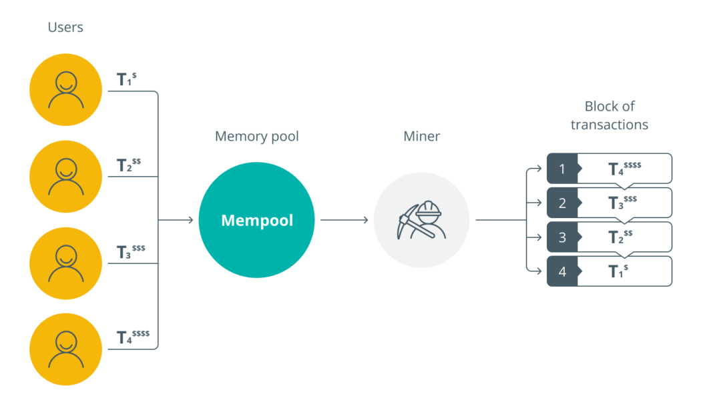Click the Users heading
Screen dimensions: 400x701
(x=65, y=27)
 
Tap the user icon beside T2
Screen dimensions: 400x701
(x=65, y=176)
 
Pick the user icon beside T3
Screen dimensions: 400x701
(x=65, y=263)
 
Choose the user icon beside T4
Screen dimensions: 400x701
(x=65, y=349)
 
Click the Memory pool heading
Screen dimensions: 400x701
(x=256, y=137)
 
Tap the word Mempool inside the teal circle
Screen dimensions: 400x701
(x=257, y=221)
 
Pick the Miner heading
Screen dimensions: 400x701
(x=421, y=137)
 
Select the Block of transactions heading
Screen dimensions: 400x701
(x=609, y=115)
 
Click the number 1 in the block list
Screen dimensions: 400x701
(x=562, y=169)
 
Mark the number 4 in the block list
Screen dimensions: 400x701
(x=562, y=272)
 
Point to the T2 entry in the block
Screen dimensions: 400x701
(x=620, y=237)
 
